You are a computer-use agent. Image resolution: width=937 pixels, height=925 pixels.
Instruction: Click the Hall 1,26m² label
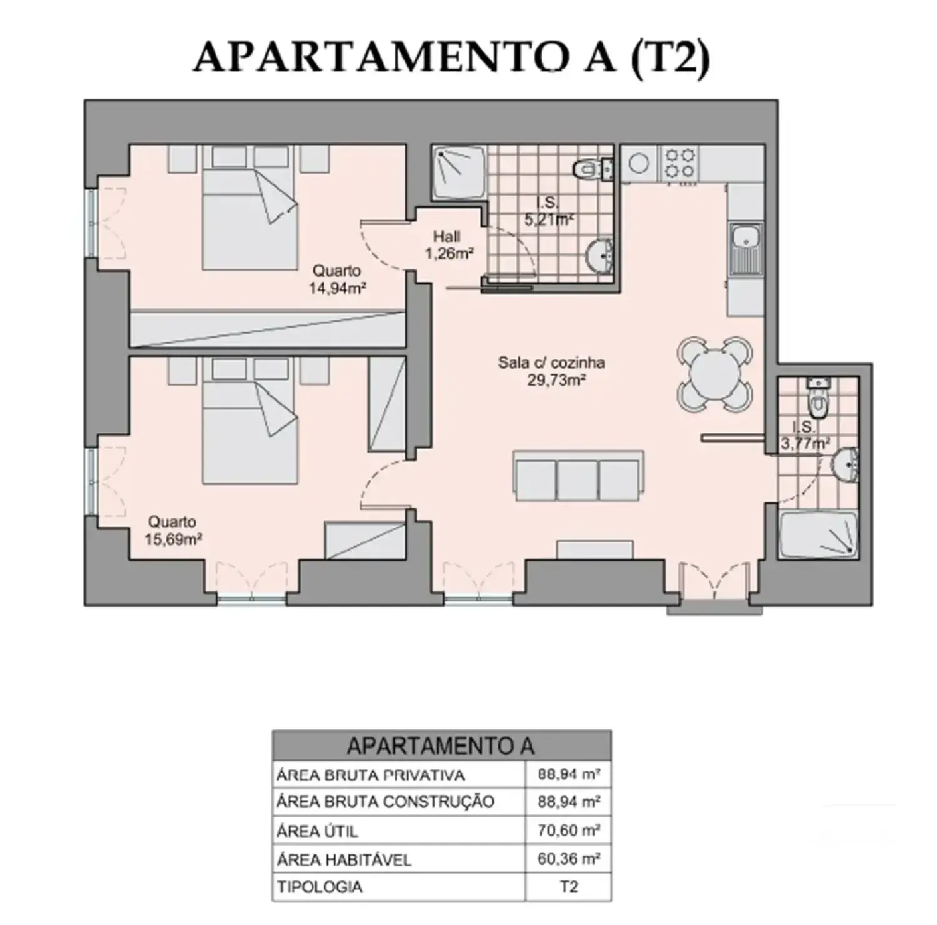click(x=448, y=245)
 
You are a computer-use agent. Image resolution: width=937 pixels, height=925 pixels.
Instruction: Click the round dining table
click(x=715, y=374)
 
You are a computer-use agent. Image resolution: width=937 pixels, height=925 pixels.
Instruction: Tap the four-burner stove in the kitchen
click(x=679, y=163)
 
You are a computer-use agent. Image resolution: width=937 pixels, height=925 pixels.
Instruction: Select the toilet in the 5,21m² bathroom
click(x=590, y=168)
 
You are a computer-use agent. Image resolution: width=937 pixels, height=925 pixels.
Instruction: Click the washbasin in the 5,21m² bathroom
click(x=601, y=255)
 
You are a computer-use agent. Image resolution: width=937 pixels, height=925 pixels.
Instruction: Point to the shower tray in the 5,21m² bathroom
click(x=459, y=172)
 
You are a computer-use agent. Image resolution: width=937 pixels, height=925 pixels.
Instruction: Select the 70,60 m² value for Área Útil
click(x=568, y=830)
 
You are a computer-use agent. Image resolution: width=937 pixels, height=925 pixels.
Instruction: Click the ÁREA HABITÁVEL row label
click(x=344, y=860)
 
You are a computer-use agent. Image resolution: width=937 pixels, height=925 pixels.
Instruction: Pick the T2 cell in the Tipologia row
click(x=568, y=887)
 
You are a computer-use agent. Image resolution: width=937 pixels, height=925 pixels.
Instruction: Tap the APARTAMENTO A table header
click(x=441, y=746)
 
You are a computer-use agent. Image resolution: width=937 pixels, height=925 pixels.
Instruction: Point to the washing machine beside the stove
click(x=638, y=164)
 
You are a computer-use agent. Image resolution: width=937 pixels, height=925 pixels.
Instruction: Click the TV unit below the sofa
click(x=595, y=550)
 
